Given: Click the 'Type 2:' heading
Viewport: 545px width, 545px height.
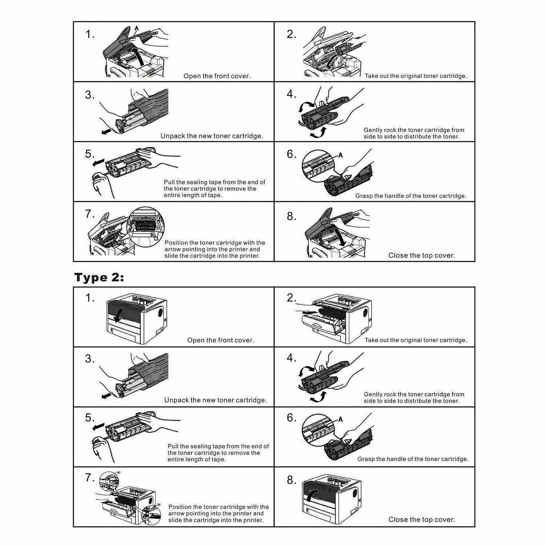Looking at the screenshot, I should coord(99,278).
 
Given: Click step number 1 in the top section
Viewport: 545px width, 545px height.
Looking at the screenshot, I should coord(89,35).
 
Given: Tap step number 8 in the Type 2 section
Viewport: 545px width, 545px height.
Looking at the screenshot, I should coord(291,480).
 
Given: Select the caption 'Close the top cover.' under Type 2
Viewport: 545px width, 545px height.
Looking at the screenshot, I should coord(421,520).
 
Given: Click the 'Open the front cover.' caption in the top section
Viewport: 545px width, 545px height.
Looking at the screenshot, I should coord(217,76).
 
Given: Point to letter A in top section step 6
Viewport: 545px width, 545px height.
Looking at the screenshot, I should coord(340,155).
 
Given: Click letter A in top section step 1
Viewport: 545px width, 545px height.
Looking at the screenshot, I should coord(137,28).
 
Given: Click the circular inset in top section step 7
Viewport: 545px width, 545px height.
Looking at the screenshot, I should coord(146,227).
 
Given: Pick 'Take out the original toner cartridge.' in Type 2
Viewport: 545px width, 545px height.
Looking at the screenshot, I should coord(416,340).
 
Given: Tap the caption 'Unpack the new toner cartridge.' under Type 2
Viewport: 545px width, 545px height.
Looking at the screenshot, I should coord(215,400).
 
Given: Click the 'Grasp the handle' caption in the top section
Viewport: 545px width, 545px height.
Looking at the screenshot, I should coord(411,196).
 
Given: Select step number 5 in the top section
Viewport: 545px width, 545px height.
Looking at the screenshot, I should coord(89,154).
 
